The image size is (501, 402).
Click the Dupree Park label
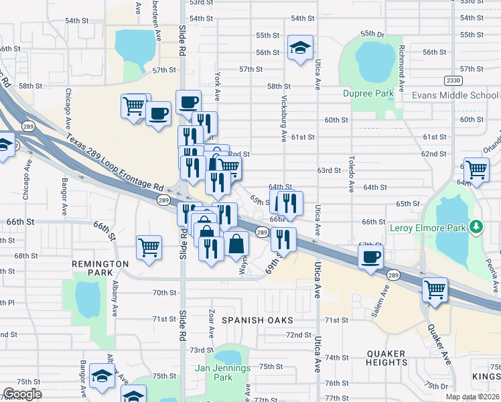click(366, 93)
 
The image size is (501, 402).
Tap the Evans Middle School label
click(455, 95)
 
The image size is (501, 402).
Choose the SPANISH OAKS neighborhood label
click(255, 320)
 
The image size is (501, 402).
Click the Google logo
click(22, 394)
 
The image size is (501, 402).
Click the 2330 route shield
click(453, 80)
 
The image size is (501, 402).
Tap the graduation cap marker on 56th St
click(300, 47)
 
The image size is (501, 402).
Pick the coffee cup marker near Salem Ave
click(370, 257)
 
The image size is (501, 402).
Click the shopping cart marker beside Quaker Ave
click(435, 291)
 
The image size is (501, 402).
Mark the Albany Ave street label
click(115, 298)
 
